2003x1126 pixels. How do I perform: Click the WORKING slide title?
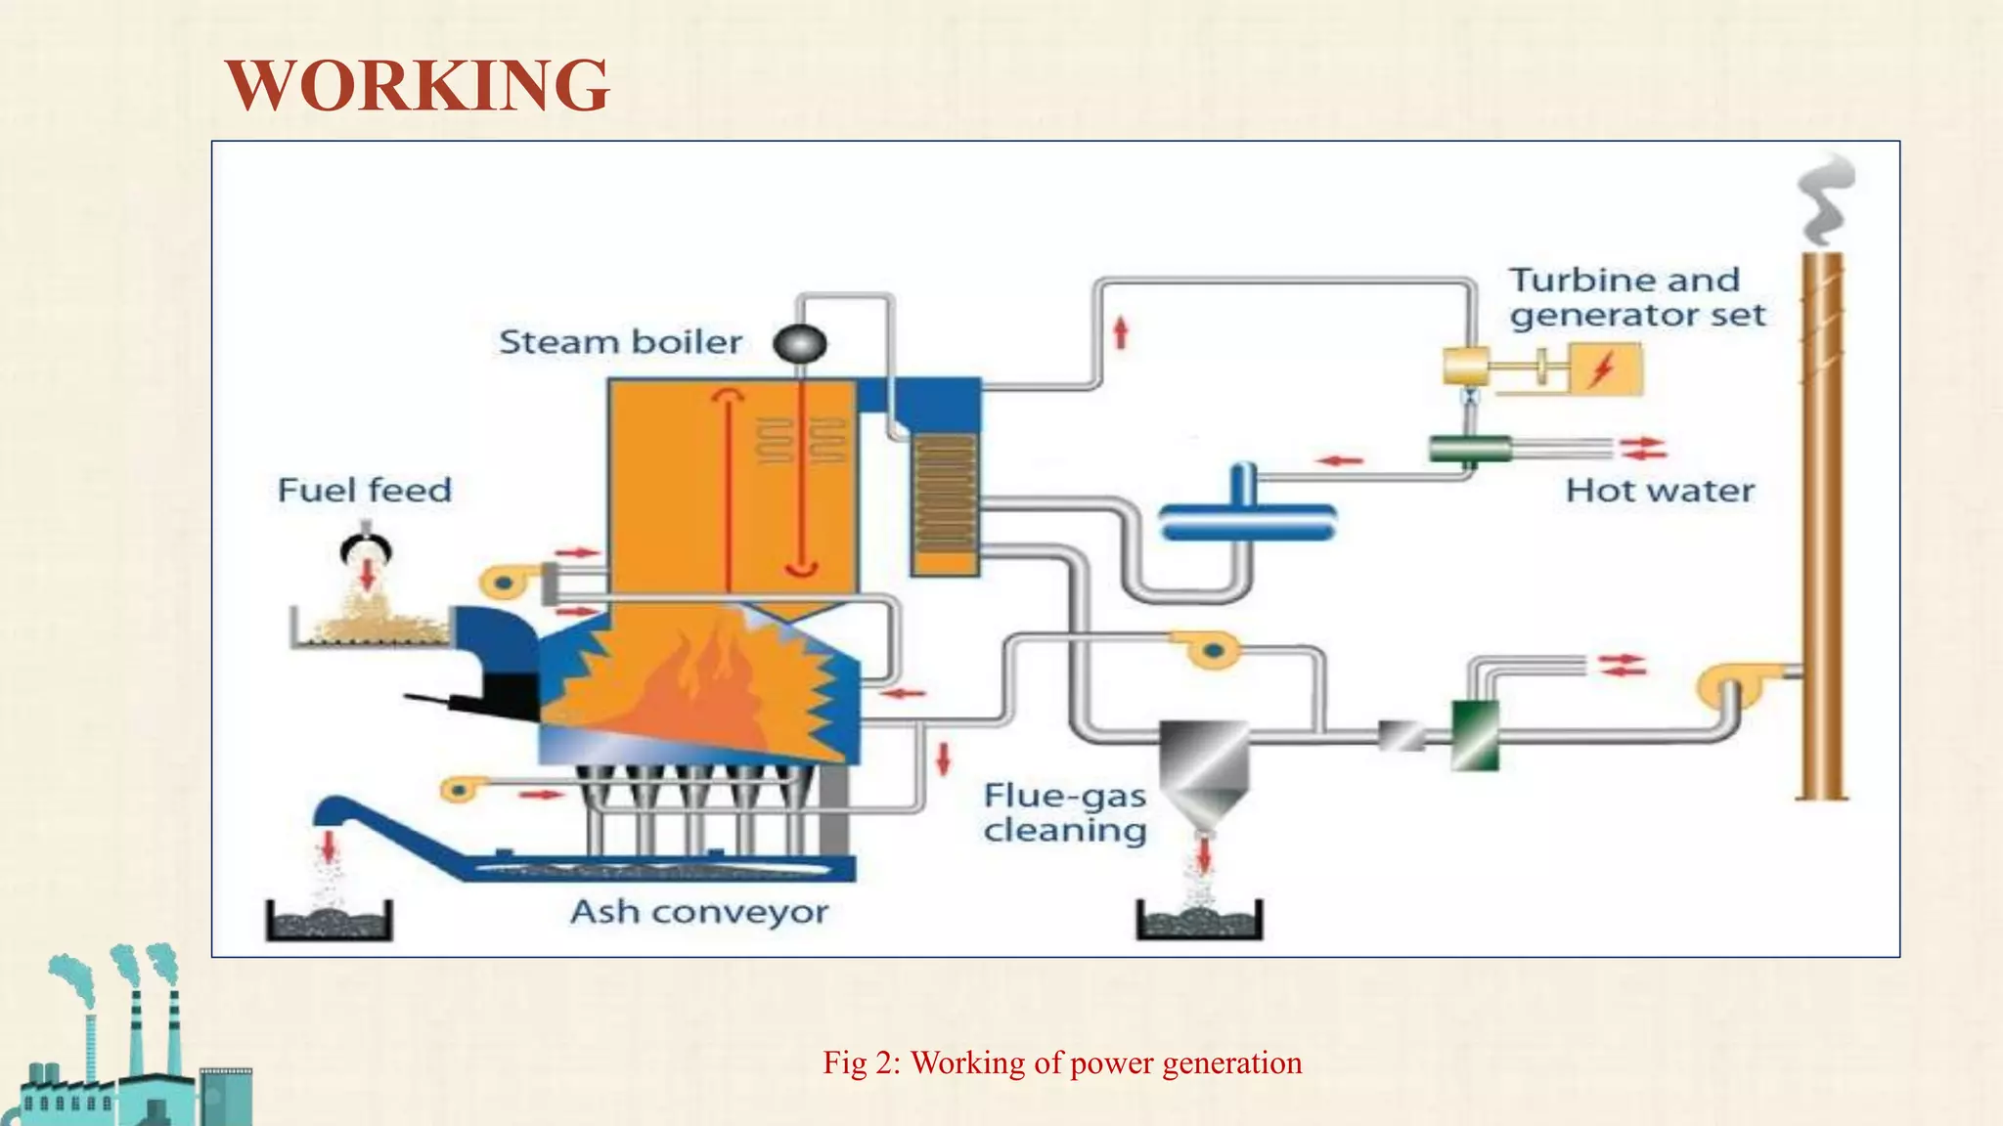point(418,85)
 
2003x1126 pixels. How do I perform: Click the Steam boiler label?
point(620,342)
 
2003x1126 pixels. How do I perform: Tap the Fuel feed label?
point(364,490)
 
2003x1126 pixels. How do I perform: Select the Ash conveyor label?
point(698,912)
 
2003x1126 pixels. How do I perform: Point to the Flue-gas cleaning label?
point(1064,812)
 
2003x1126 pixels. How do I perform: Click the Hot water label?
point(1660,490)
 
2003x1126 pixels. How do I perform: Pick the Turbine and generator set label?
point(1636,297)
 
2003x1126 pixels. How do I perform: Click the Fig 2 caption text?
point(1062,1062)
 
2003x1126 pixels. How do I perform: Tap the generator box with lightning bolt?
point(1605,369)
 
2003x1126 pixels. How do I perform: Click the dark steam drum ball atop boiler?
point(800,343)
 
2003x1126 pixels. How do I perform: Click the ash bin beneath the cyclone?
point(1199,921)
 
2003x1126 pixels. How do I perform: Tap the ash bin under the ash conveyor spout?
point(329,921)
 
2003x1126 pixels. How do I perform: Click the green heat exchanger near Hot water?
point(1470,449)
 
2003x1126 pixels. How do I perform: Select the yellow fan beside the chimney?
point(1735,686)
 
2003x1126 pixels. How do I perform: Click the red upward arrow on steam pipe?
point(1121,333)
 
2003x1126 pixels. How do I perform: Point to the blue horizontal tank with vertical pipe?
point(1246,517)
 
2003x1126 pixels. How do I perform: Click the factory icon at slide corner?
point(127,1046)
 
